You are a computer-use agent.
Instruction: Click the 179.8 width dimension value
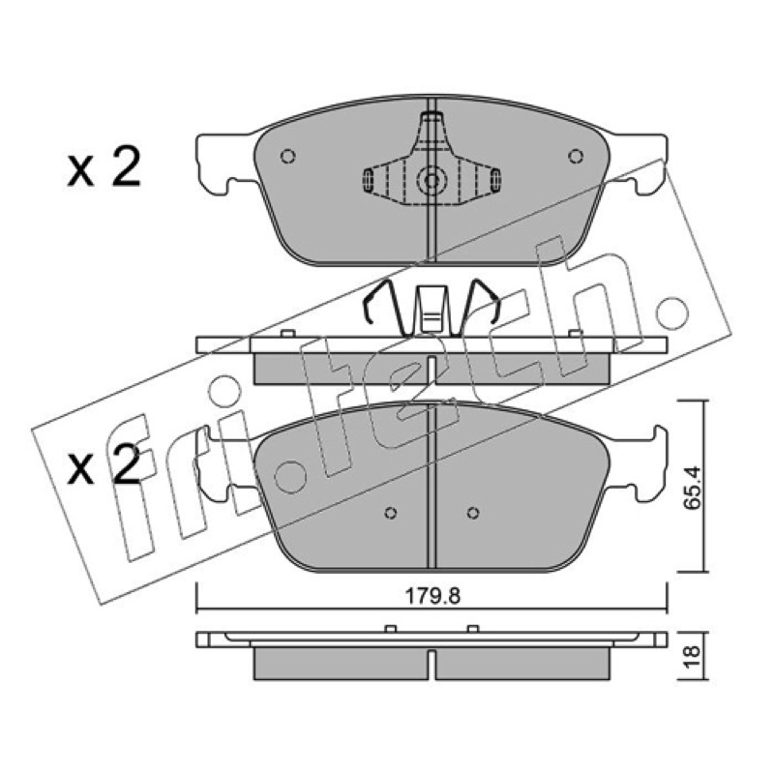[x=432, y=596]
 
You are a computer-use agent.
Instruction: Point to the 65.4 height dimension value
[x=691, y=487]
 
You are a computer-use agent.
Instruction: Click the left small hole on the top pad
[x=287, y=157]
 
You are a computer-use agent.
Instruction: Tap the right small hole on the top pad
[x=576, y=157]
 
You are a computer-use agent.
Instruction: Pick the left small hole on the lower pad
[x=391, y=513]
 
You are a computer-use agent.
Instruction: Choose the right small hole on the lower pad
[x=473, y=513]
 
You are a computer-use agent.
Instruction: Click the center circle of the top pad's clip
[x=432, y=181]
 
